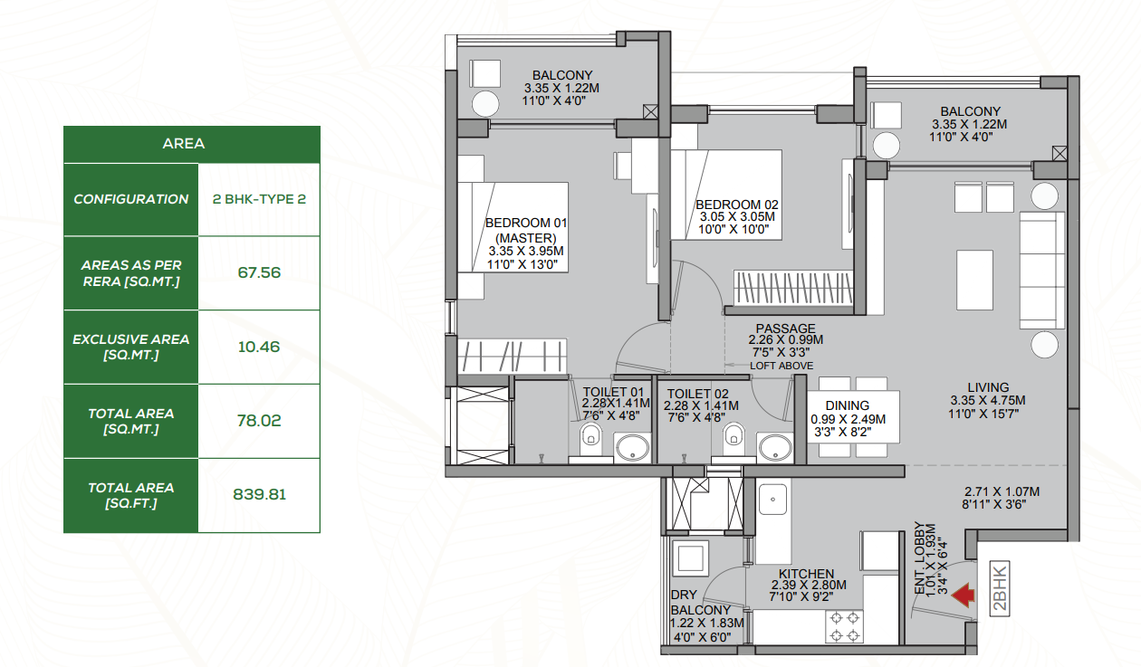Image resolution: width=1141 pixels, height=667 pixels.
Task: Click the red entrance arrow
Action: coord(964,596)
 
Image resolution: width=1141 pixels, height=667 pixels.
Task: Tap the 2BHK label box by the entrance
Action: coord(1000,588)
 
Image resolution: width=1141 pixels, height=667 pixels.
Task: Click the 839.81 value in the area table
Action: coord(259,494)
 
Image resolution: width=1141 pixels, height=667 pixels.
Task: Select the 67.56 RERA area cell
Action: coord(259,272)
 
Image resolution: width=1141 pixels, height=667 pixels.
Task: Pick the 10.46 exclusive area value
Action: coord(259,347)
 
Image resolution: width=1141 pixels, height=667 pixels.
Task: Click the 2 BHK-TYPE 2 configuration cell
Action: coord(259,199)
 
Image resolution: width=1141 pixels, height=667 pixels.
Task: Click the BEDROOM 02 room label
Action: coord(737,205)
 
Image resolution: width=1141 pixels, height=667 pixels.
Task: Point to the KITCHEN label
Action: coord(806,574)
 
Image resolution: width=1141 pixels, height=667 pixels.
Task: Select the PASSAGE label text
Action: coord(785,329)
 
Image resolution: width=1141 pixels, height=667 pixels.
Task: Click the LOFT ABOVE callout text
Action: coord(781,366)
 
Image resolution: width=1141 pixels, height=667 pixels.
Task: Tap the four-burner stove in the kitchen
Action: coord(844,627)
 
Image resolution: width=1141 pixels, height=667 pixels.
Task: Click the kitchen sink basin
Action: coord(772,499)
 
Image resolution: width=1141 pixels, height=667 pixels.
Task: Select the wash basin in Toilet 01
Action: coord(633,449)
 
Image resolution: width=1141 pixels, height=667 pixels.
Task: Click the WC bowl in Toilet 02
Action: coord(733,434)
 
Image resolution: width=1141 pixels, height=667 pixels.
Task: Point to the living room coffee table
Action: coord(974,280)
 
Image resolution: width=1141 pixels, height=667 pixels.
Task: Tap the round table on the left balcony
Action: coord(485,104)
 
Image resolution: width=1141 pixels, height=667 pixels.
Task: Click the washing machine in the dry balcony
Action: coord(690,558)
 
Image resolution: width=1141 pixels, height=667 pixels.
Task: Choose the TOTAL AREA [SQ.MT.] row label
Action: coord(131,421)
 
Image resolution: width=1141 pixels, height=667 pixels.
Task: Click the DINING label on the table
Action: coord(847,405)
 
